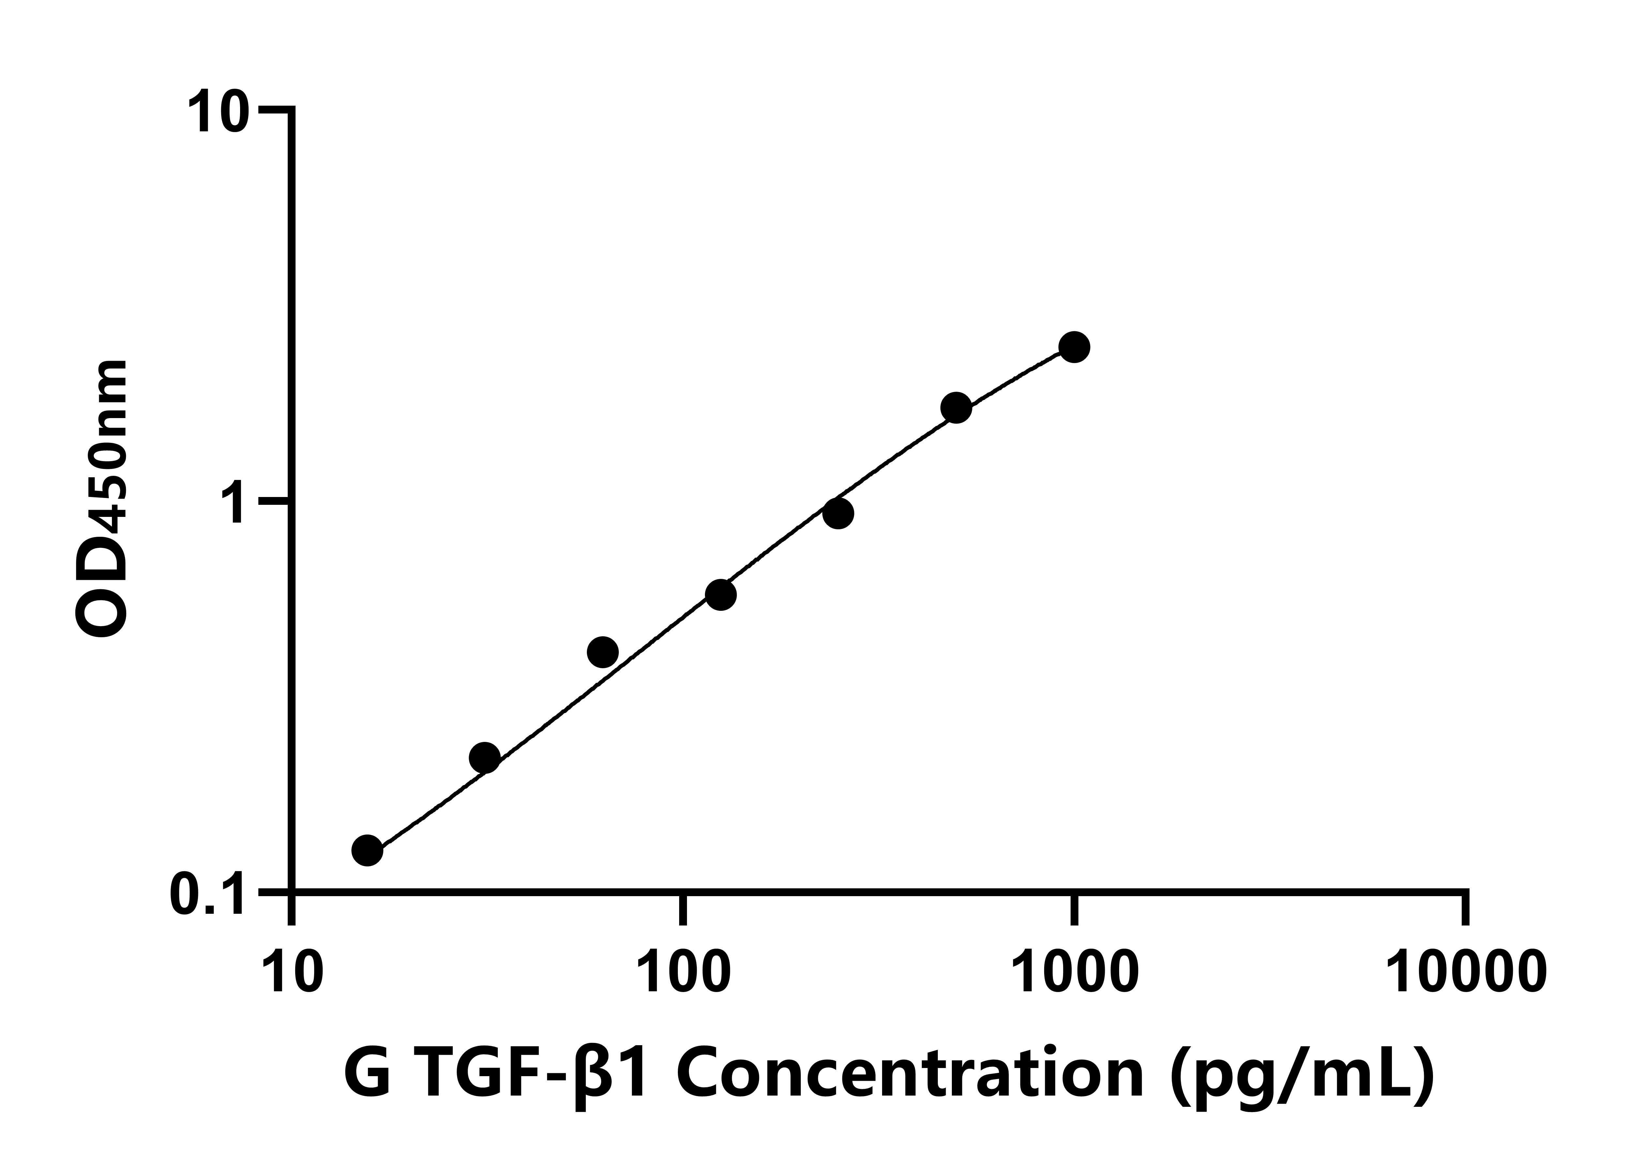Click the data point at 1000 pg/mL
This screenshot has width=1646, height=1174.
point(1074,347)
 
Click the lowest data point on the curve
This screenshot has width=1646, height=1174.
point(367,850)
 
